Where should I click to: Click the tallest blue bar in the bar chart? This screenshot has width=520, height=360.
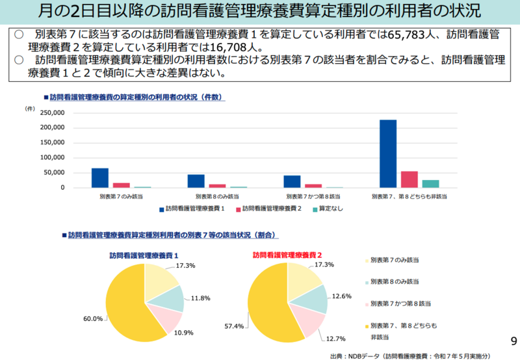[x=388, y=153]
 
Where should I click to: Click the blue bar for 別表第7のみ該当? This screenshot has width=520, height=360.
[x=100, y=178]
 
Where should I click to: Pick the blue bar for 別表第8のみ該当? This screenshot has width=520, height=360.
[x=196, y=181]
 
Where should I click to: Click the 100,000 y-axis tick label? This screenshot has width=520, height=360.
[x=52, y=158]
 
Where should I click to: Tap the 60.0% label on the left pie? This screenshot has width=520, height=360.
[x=93, y=318]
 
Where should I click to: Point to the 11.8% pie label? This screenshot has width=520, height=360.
[x=201, y=298]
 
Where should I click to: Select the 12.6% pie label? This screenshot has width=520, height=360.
[x=341, y=296]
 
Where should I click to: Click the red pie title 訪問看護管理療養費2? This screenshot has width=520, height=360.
[x=287, y=255]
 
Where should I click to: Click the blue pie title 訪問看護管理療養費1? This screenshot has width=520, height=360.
[x=144, y=255]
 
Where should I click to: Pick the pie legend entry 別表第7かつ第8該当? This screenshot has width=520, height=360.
[x=394, y=303]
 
